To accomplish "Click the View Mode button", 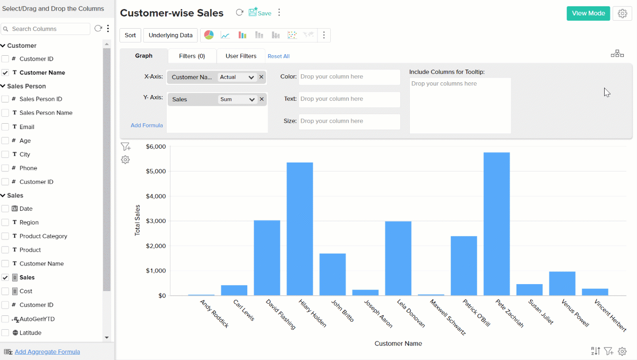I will coord(588,13).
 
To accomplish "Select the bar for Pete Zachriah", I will coord(496,224).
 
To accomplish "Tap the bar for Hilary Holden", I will coord(300,229).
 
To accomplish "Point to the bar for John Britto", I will coord(332,275).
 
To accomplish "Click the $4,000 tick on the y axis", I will coord(156,196).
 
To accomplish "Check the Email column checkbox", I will coord(5,127).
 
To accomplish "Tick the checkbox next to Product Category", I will coord(5,236).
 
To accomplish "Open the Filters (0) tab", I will coord(192,56).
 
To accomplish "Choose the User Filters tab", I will coord(241,56).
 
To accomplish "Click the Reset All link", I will coord(279,56).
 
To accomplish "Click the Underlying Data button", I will coord(170,36).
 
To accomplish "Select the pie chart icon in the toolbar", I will coord(209,35).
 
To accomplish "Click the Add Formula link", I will coord(147,125).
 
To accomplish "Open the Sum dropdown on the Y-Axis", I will coord(237,99).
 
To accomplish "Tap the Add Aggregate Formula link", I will coord(47,352).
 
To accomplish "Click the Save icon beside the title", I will coord(260,13).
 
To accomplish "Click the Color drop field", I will coord(349,77).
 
